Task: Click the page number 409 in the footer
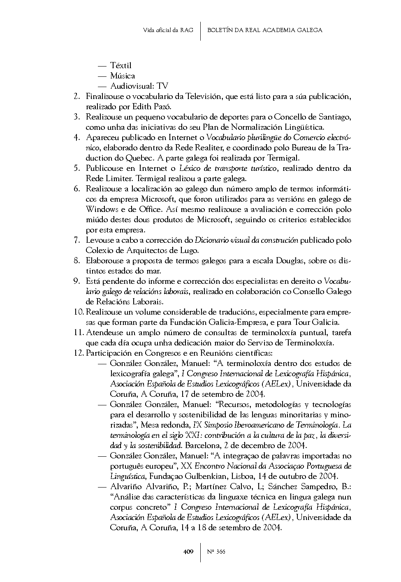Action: coord(188,552)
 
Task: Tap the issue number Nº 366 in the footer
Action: coord(216,552)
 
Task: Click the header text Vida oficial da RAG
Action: coord(168,30)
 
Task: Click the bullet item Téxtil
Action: coord(121,66)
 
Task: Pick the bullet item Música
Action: coord(123,76)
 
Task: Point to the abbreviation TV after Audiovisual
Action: coord(162,86)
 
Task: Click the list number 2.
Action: coord(76,97)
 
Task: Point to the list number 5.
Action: coord(76,168)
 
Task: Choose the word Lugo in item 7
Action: coord(190,251)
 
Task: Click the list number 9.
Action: coord(76,281)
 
